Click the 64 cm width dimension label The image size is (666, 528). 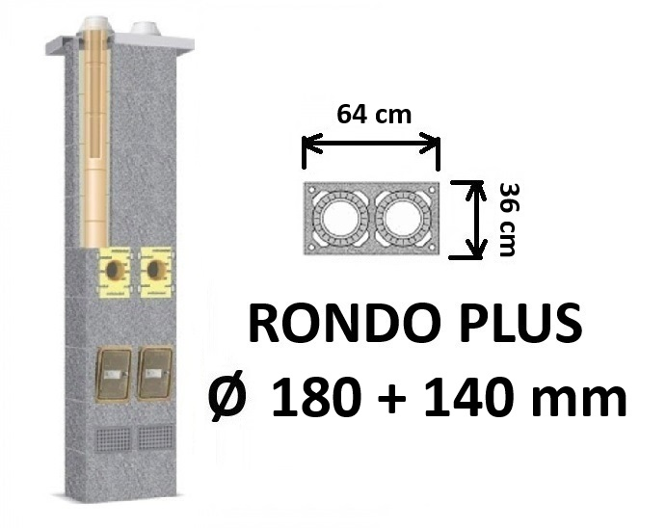click(374, 115)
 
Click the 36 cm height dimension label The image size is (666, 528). click(508, 220)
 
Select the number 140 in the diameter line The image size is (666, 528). click(466, 396)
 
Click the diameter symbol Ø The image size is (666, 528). click(227, 396)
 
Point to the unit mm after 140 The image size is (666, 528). click(580, 401)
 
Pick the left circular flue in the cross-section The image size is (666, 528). click(338, 219)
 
